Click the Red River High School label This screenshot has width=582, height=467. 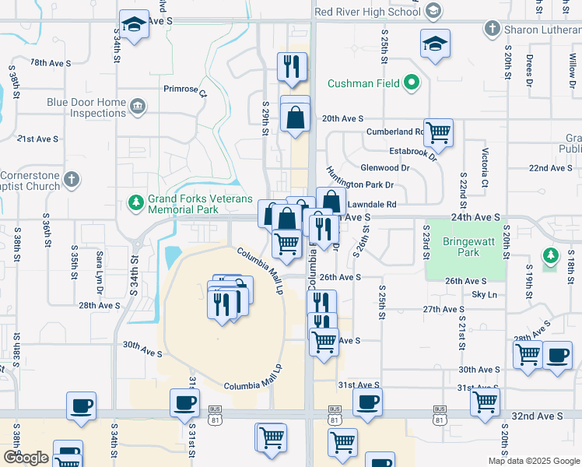click(x=368, y=12)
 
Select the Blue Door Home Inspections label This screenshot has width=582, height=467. click(x=86, y=107)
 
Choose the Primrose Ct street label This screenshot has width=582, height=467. click(x=185, y=90)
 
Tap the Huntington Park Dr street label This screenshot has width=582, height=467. click(x=360, y=185)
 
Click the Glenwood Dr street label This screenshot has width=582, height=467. click(x=384, y=168)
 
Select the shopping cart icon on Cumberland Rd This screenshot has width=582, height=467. click(x=439, y=132)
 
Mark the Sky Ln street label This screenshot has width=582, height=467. click(x=485, y=295)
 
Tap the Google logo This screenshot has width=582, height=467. click(x=26, y=458)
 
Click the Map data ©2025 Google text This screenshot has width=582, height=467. click(x=534, y=461)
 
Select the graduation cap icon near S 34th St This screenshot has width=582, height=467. click(x=134, y=24)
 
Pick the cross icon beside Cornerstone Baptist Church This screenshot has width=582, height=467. click(x=72, y=180)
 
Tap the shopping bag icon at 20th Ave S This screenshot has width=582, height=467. click(x=296, y=118)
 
